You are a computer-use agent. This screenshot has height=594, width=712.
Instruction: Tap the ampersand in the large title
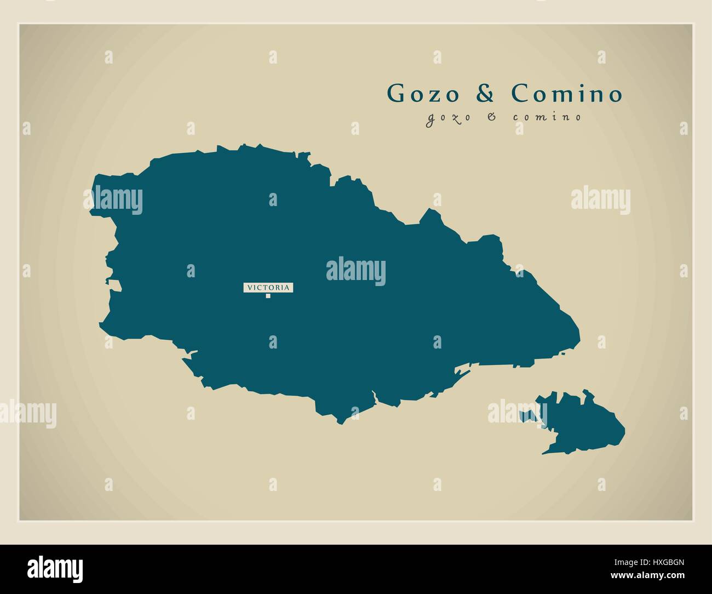click(485, 94)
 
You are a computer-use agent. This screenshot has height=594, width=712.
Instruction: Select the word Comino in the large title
click(567, 94)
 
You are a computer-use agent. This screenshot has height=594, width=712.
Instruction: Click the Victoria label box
click(268, 287)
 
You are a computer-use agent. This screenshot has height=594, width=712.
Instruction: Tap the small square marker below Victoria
click(268, 296)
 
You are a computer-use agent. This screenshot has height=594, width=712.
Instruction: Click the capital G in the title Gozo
click(397, 94)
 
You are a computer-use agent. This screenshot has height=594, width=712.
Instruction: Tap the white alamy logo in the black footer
click(55, 568)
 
